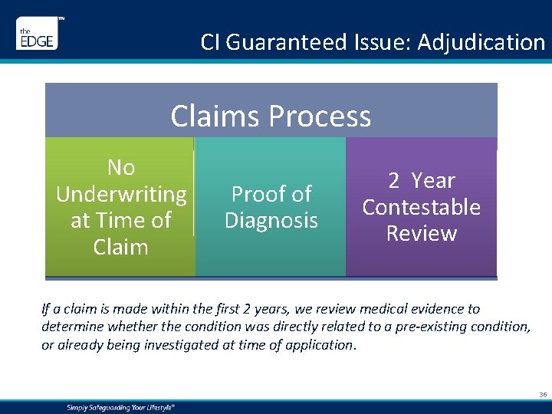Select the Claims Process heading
tap(271, 117)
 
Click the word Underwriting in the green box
tap(121, 195)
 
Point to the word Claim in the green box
tap(121, 247)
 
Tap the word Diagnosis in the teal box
tap(271, 221)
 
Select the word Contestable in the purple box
tap(421, 208)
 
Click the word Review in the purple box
tap(421, 234)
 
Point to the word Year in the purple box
tap(433, 181)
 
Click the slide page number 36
tap(543, 395)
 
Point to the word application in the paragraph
tap(317, 345)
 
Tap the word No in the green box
tap(121, 168)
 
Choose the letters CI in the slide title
tap(210, 42)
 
